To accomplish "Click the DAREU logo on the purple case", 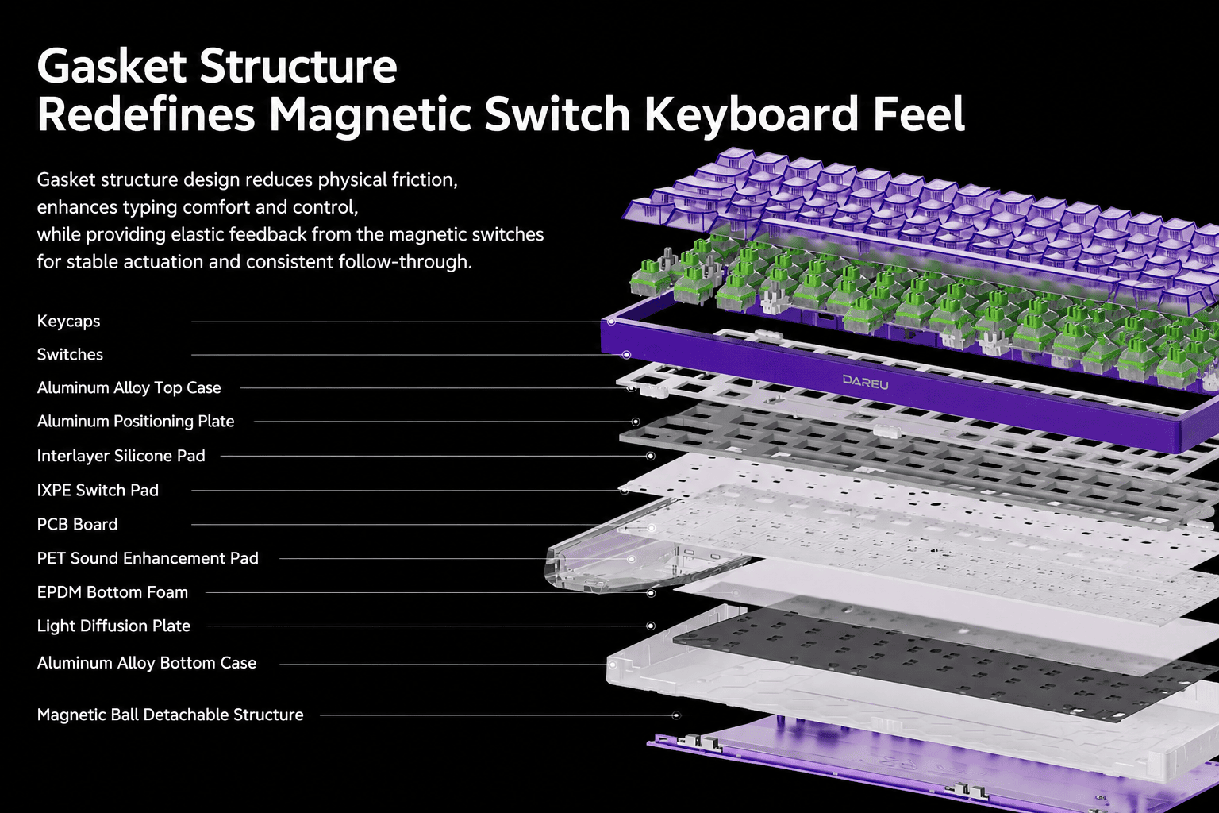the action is (x=865, y=383).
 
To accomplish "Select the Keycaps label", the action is (x=68, y=322).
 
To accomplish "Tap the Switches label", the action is (x=70, y=354).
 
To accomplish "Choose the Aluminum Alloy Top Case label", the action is (x=129, y=387).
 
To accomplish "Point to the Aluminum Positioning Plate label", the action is (x=136, y=422).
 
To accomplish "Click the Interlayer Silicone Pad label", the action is (x=121, y=456).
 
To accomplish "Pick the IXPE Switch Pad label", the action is (x=98, y=490).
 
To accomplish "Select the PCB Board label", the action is (x=77, y=524).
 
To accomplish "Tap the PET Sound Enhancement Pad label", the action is (x=148, y=558).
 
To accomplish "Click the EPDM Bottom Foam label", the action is (x=112, y=592).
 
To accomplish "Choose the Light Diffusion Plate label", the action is (x=113, y=626).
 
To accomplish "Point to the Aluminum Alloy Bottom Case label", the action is (x=146, y=663).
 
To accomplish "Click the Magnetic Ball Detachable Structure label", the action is (x=170, y=715).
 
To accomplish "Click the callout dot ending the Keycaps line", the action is (x=612, y=322).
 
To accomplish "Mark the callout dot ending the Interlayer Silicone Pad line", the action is (x=650, y=456).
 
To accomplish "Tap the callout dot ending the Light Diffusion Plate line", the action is (x=650, y=626).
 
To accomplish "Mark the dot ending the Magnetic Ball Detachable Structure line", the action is (x=676, y=715).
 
